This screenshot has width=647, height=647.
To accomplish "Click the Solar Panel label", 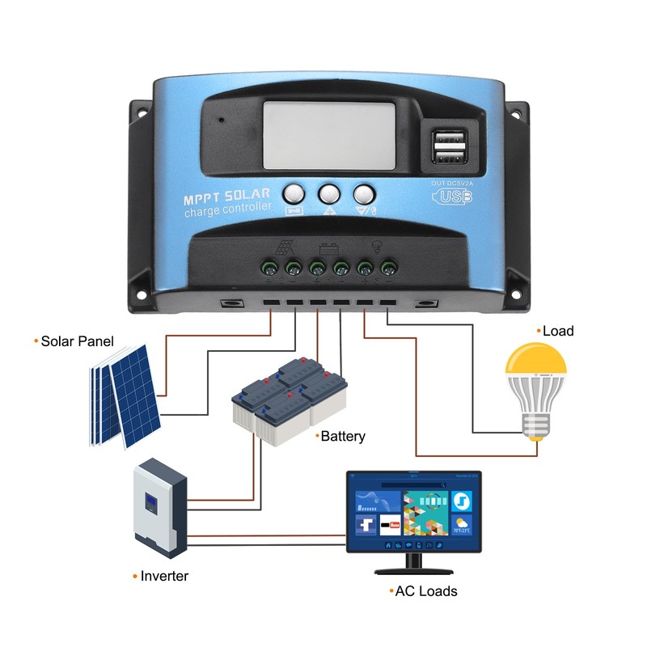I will (78, 341).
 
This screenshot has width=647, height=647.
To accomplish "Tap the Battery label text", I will (343, 437).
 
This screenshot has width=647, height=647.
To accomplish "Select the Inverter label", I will (164, 576).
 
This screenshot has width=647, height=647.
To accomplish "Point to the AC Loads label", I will (425, 591).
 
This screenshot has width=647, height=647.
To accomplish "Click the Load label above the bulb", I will (558, 331).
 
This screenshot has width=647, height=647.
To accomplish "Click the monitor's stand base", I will (413, 569).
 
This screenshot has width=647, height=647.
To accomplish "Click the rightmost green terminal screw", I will (388, 266).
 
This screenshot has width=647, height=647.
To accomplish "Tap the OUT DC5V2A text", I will (451, 184).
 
